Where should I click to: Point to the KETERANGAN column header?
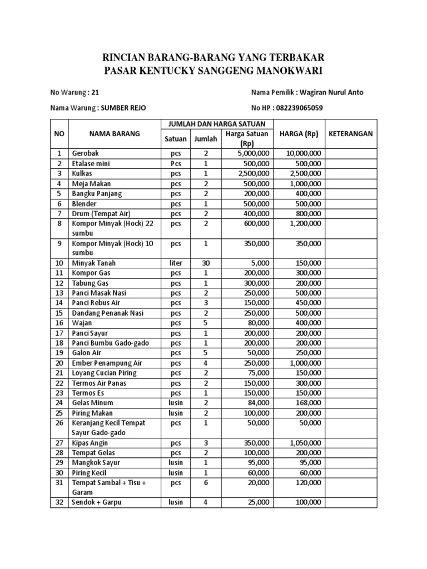pyautogui.click(x=351, y=133)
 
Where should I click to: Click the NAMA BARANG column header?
pyautogui.click(x=114, y=133)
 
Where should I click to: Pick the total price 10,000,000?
pyautogui.click(x=303, y=153)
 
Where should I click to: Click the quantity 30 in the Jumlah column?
pyautogui.click(x=206, y=263)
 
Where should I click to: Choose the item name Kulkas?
pyautogui.click(x=82, y=173)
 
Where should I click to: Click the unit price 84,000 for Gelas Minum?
pyautogui.click(x=257, y=403)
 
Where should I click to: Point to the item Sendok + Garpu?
pyautogui.click(x=96, y=503)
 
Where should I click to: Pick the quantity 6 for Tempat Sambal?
pyautogui.click(x=206, y=483)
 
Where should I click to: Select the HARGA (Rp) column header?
pyautogui.click(x=300, y=133)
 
